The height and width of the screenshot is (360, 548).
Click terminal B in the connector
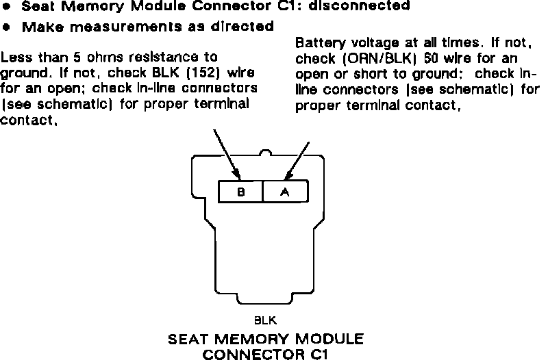pos(240,192)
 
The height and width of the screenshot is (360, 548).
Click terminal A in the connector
pos(285,192)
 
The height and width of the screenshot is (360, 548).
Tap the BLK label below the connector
pos(265,320)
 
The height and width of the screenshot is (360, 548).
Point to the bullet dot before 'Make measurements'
pos(7,27)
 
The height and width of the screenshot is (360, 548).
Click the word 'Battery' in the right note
pos(317,42)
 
